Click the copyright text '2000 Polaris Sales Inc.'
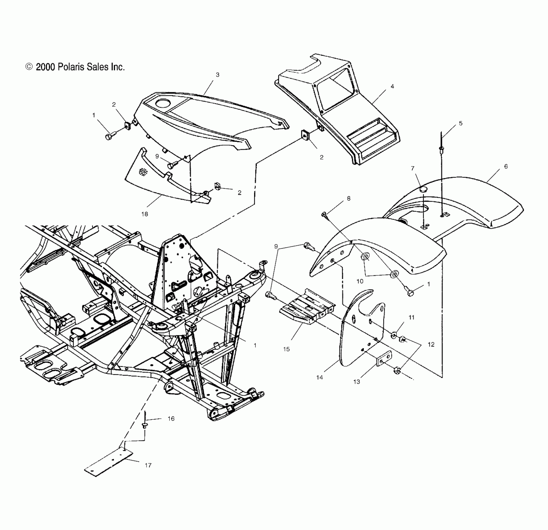75,67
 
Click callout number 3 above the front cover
218,75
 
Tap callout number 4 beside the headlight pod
392,86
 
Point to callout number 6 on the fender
506,166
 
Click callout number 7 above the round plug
413,168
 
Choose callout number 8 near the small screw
349,198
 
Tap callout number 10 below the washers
360,281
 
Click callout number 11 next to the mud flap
411,317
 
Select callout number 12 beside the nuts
431,344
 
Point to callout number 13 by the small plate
357,382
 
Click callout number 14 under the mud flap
320,378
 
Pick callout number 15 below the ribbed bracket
286,349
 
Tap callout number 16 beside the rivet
171,418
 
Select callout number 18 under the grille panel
145,214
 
